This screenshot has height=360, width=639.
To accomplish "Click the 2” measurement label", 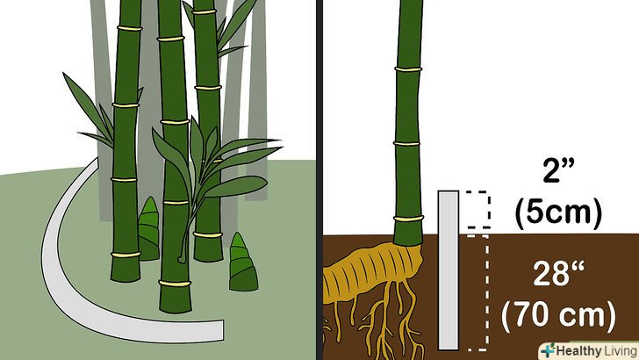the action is point(558,170).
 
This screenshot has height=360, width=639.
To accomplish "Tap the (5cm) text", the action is point(558,213).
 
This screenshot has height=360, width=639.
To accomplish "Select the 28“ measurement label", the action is point(558,274).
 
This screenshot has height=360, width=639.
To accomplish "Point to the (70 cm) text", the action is point(558,315).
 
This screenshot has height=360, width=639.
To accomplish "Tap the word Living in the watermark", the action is point(621,350).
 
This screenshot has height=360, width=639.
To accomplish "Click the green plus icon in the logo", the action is point(548,350).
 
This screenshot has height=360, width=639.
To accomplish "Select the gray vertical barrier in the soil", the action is point(449,270).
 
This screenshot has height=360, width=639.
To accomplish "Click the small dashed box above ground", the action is point(478,209).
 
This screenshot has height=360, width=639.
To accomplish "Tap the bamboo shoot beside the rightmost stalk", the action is point(243,263).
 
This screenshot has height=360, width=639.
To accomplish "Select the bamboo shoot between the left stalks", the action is point(148,229).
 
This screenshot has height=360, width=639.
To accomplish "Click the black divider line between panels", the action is point(319,180).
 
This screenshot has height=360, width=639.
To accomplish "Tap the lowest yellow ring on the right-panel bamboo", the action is point(408,219).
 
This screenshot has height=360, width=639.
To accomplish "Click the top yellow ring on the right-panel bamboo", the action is point(408,69).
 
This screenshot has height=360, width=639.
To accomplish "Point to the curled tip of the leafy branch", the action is point(182,258).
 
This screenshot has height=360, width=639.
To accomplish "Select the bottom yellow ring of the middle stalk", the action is point(175,283).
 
